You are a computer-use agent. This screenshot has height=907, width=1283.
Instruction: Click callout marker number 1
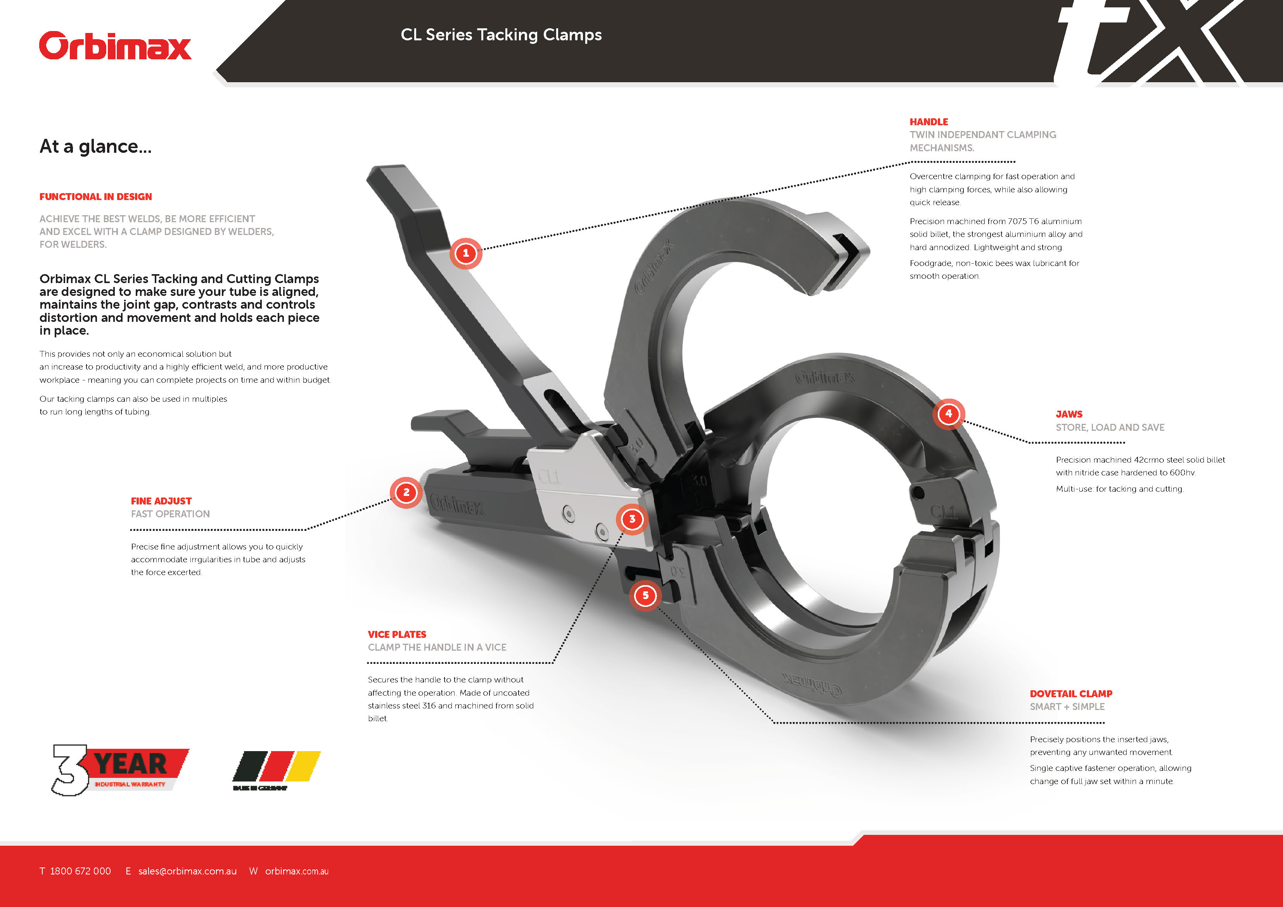tap(465, 253)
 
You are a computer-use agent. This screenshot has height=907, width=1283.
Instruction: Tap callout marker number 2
tap(406, 492)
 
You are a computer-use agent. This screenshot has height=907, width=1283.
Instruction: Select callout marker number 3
tap(632, 519)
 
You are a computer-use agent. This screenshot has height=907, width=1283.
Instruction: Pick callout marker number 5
tap(645, 595)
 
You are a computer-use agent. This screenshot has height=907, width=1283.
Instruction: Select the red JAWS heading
tap(1069, 414)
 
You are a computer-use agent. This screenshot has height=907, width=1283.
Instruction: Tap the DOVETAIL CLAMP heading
tap(1071, 693)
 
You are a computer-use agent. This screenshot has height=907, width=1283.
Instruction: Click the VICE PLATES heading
tap(397, 634)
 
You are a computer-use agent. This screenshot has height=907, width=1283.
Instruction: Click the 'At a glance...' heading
tap(95, 147)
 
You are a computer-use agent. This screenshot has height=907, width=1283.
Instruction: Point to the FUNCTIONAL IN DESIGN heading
tap(95, 197)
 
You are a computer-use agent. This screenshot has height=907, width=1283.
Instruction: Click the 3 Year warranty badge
tap(120, 769)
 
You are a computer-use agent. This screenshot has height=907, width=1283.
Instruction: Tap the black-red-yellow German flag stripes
tap(276, 767)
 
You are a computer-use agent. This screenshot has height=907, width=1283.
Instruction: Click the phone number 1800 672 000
tap(80, 871)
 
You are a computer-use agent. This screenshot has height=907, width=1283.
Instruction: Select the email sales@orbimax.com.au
tap(187, 871)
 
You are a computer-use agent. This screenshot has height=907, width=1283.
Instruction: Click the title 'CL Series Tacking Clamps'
tap(501, 35)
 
